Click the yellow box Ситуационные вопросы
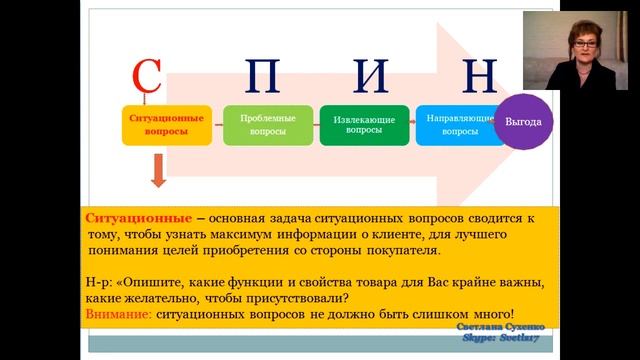point(168,124)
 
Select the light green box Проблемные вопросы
point(265,124)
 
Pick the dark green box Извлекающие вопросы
point(364,125)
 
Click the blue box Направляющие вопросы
point(458,124)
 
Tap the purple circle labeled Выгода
point(524,121)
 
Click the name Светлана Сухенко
point(501,327)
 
